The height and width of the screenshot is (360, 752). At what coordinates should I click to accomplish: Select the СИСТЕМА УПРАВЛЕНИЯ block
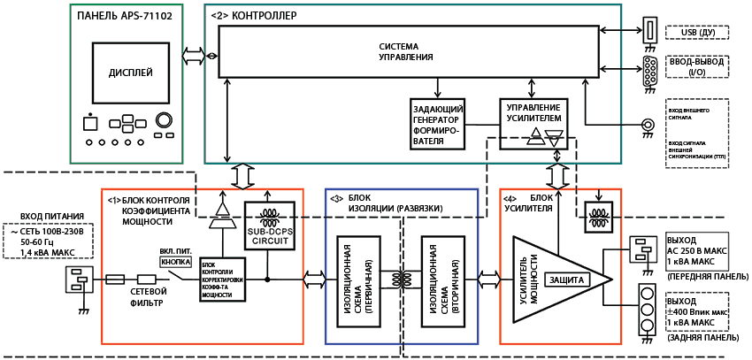pos(406,51)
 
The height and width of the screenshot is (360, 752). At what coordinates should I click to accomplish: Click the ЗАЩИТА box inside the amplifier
pos(566,279)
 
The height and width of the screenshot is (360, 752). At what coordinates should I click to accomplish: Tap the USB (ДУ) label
pos(697,33)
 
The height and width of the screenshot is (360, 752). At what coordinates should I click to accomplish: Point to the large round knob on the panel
pos(165,120)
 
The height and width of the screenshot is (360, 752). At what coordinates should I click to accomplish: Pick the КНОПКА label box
pos(174,262)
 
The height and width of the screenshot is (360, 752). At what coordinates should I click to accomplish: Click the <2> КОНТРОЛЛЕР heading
pos(254,16)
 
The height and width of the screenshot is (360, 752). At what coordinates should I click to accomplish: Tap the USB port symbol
pos(649,31)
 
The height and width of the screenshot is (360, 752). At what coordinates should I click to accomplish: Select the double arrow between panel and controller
pos(192,56)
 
